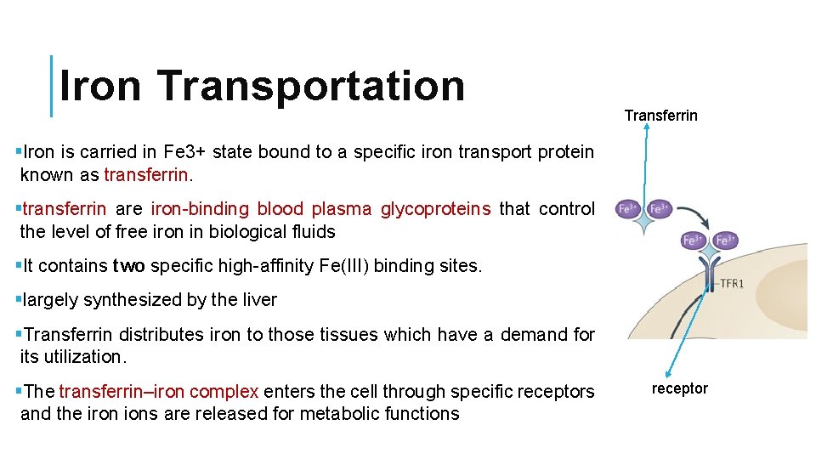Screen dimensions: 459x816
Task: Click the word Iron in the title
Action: point(101,86)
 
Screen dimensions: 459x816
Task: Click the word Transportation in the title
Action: point(310,86)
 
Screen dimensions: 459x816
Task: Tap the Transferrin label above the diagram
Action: point(660,116)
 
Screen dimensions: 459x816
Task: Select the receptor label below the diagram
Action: point(679,388)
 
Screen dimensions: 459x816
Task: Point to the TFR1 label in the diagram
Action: point(730,283)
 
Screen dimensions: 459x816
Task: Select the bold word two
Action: point(129,266)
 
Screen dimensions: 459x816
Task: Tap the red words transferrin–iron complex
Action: point(159,392)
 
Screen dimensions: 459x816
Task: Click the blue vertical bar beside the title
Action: point(52,86)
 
